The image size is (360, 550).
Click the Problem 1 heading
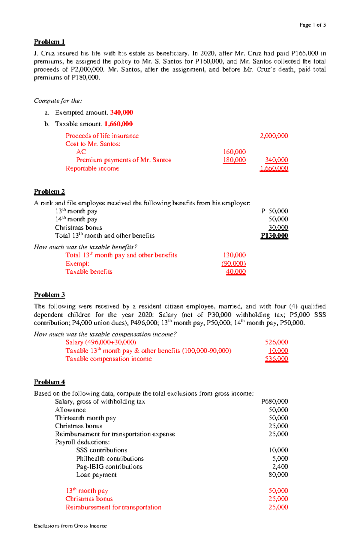coord(49,42)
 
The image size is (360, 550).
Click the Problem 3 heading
coord(49,295)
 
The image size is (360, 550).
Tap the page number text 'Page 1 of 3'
coord(312,25)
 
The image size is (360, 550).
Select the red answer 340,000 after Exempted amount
coord(121,112)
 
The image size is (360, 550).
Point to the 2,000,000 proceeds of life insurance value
coord(274,136)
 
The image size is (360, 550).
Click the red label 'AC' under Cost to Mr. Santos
coord(81,152)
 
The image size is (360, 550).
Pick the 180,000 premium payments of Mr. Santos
coord(234,160)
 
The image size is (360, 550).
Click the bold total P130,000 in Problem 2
coord(274,236)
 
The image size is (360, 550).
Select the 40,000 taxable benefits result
coord(236,272)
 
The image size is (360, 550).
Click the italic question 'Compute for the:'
coord(58,101)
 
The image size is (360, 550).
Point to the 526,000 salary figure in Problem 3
coord(276,342)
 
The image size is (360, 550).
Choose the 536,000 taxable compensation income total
coord(276,359)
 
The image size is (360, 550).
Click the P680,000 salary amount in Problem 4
coord(274,401)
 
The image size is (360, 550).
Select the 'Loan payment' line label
coord(96,475)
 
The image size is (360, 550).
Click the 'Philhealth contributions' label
coord(110,459)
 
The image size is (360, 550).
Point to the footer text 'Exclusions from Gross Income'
coord(70,526)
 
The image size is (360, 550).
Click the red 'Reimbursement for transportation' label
coord(113,507)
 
